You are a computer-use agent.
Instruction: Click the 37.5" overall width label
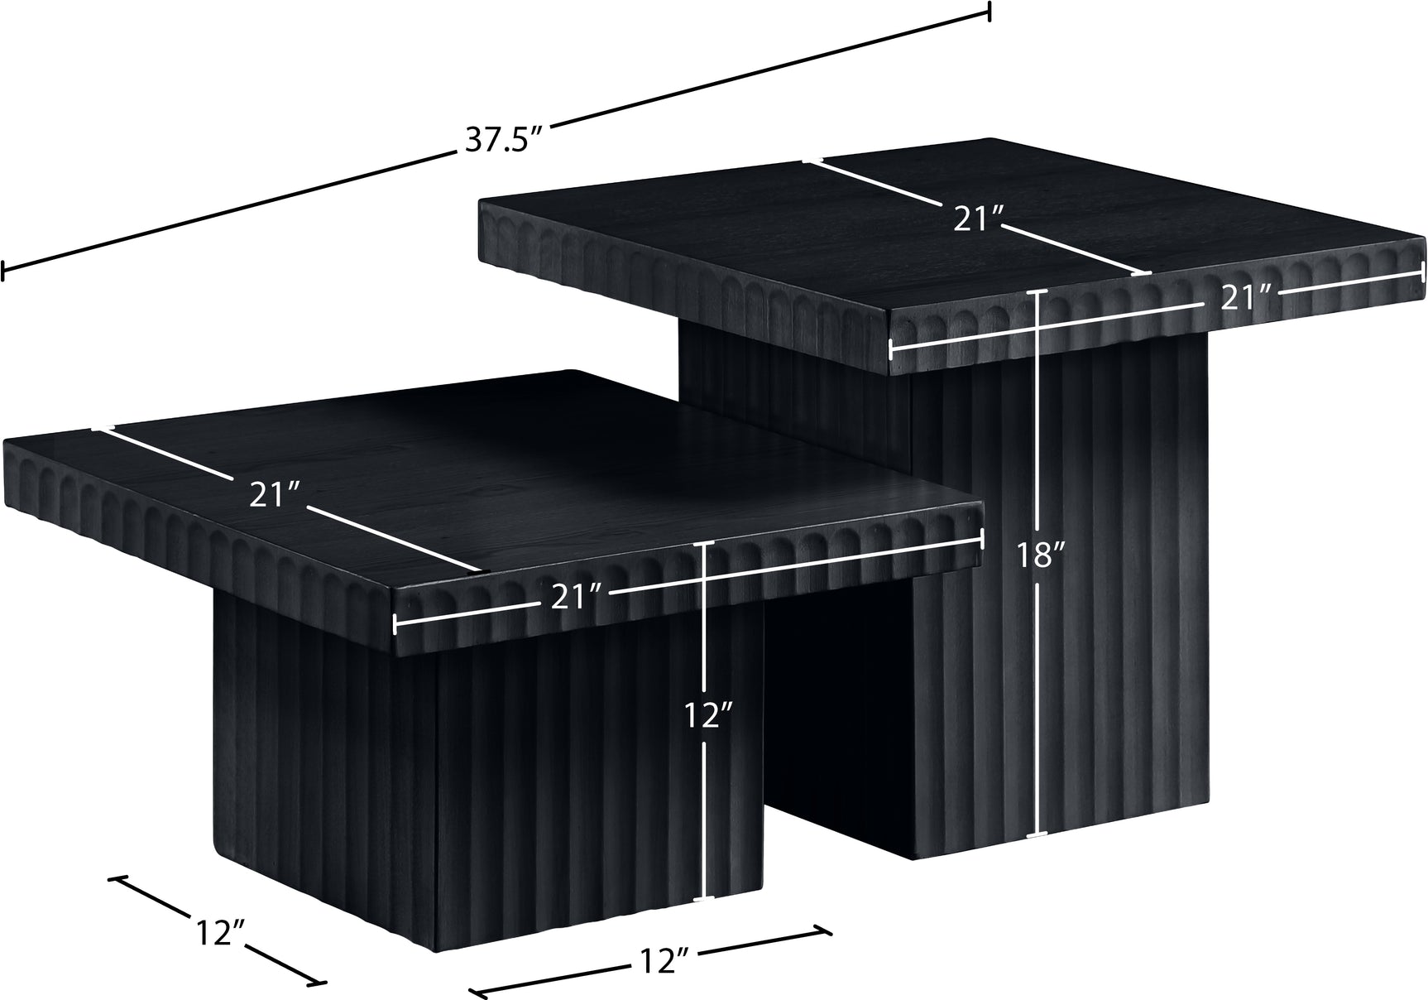(501, 139)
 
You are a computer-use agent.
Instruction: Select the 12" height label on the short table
(706, 714)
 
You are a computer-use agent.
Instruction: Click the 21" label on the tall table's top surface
(978, 219)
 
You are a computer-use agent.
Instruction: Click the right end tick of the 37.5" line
(990, 11)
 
